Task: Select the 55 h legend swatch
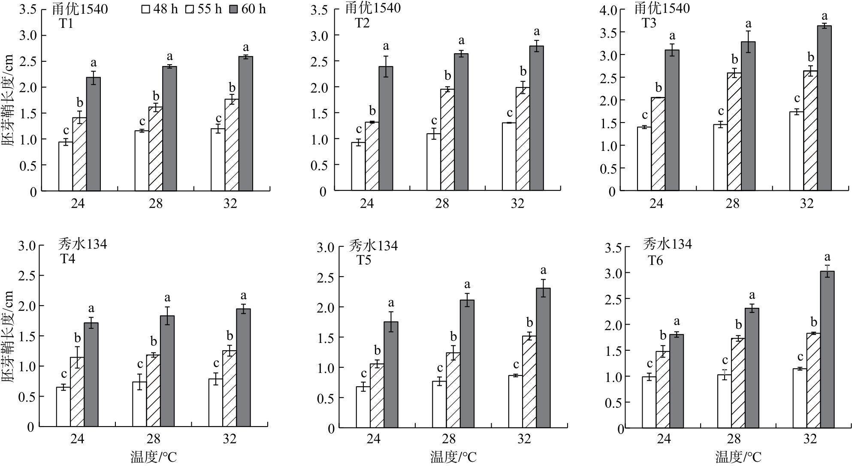[x=190, y=9]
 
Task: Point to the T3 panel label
[x=649, y=23]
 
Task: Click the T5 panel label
[x=364, y=260]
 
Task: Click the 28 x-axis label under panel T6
[x=734, y=439]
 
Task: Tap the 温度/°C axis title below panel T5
[x=453, y=457]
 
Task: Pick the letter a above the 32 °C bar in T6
[x=827, y=257]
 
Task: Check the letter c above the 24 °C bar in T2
[x=359, y=129]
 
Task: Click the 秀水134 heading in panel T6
[x=667, y=244]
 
